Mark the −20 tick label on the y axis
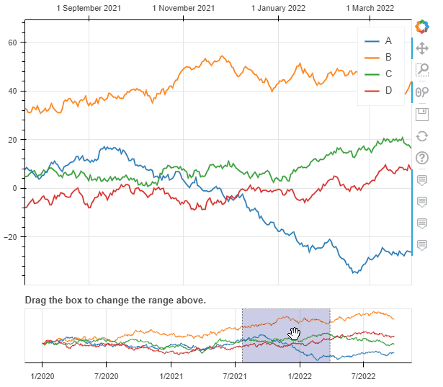pos(12,237)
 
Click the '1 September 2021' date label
pos(89,9)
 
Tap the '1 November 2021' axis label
pos(184,9)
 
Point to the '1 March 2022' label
pos(370,9)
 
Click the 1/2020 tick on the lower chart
pos(42,375)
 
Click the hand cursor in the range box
pos(294,333)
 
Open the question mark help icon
pos(423,158)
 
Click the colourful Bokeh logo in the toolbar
pos(422,27)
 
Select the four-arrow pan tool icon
pos(423,48)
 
